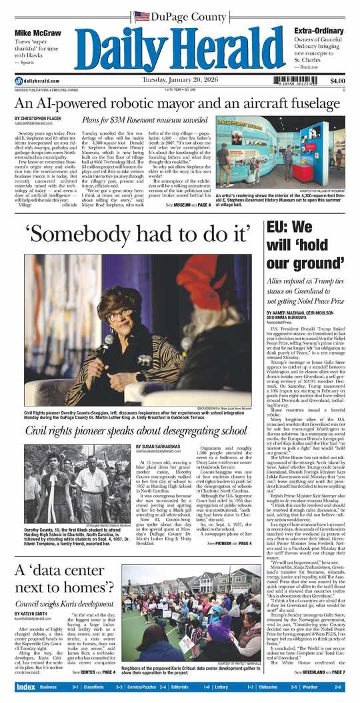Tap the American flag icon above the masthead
pyautogui.click(x=141, y=16)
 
